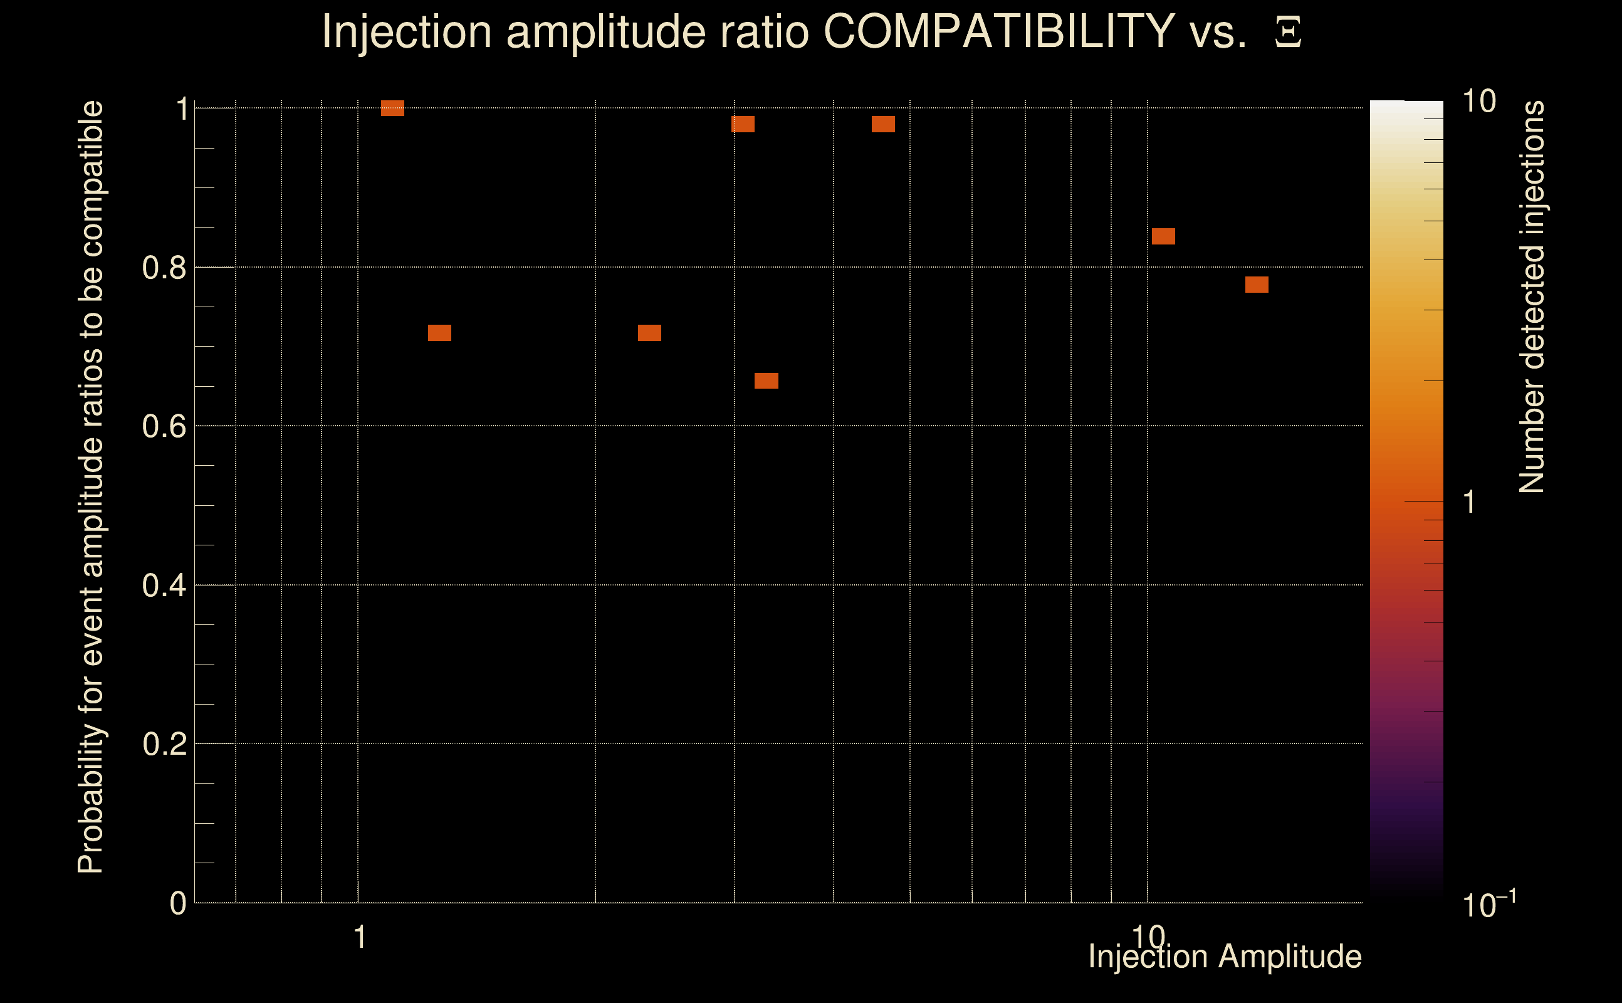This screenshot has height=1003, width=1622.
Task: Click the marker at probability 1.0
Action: pos(392,107)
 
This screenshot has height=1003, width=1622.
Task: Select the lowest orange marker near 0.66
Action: pos(766,381)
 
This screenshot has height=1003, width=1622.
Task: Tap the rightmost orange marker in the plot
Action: pos(1257,285)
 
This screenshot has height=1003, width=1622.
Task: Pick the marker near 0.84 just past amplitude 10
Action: pos(1163,236)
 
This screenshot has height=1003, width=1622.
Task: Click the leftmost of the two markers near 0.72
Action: pos(439,333)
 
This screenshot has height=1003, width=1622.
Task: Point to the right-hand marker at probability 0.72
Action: pos(649,333)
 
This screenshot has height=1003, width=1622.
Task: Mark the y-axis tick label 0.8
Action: pos(164,268)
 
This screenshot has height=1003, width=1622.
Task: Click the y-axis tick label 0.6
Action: pos(164,426)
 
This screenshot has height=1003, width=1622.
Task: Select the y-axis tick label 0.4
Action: pos(164,586)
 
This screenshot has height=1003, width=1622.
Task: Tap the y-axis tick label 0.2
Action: pos(164,744)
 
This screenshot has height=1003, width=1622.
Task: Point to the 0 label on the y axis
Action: pos(178,903)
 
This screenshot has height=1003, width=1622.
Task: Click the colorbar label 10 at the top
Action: pos(1478,102)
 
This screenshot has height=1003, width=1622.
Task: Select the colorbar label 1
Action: pos(1470,502)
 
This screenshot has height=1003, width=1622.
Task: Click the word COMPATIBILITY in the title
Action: pos(999,31)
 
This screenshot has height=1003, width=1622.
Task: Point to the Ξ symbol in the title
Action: pos(1288,33)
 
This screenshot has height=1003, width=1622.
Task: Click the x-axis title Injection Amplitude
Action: pos(1225,957)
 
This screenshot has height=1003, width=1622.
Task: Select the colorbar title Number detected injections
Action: pos(1531,297)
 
